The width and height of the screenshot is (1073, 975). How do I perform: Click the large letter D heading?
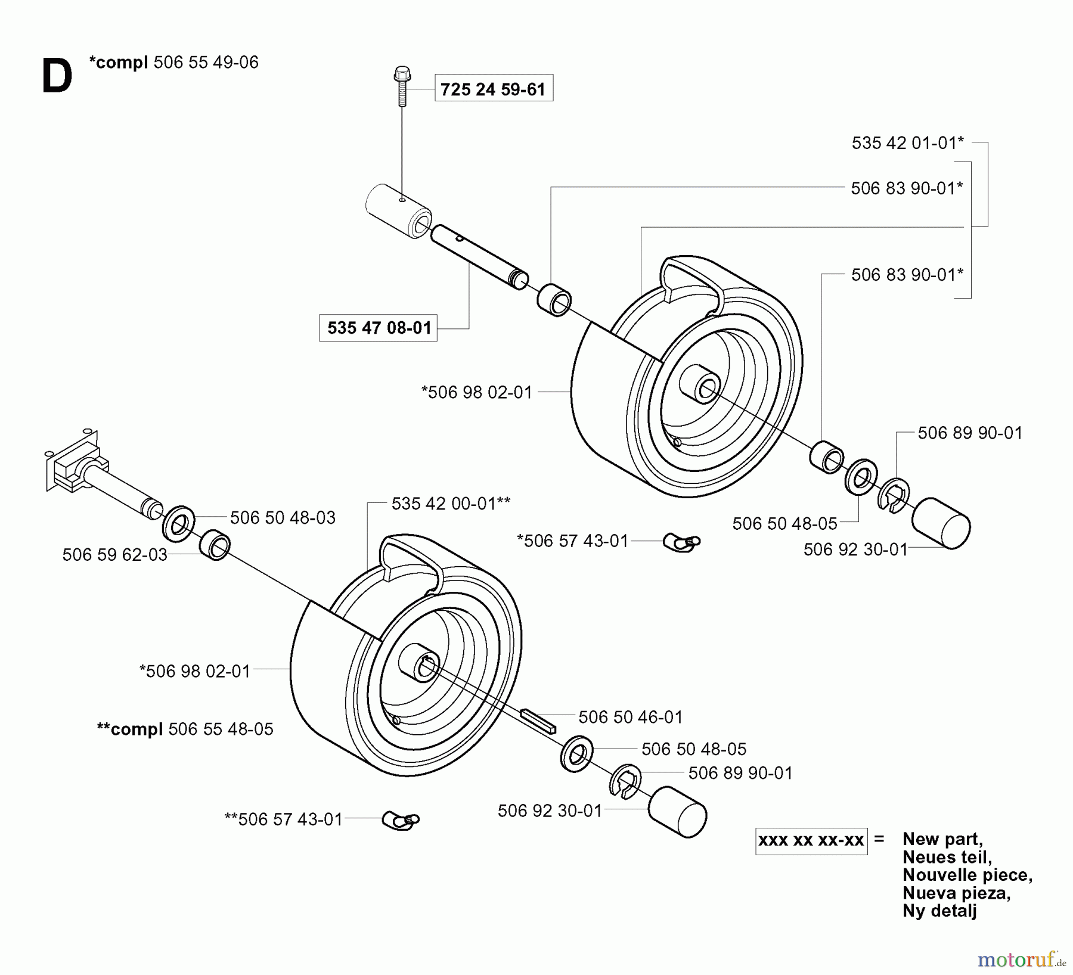click(x=57, y=77)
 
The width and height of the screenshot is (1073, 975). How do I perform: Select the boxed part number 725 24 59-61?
click(x=493, y=89)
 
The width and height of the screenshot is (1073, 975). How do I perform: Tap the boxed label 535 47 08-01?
click(x=379, y=328)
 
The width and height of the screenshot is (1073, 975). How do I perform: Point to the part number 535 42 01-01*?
click(x=907, y=143)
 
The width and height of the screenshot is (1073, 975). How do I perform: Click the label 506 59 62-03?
click(x=114, y=555)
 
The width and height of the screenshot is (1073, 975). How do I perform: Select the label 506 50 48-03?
click(x=283, y=517)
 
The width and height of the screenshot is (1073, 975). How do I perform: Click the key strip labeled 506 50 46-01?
click(x=538, y=720)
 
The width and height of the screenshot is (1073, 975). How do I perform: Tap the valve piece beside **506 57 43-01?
click(x=401, y=820)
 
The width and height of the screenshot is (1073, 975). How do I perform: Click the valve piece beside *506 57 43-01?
click(x=682, y=542)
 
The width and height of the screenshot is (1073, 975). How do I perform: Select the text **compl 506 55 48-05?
click(x=185, y=729)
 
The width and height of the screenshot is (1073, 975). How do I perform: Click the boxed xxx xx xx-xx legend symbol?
click(x=811, y=841)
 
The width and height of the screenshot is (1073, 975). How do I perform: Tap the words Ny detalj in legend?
click(x=939, y=911)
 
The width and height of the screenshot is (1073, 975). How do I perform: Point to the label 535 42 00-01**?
click(x=451, y=504)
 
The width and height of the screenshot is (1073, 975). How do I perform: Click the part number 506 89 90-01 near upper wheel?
click(x=969, y=433)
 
